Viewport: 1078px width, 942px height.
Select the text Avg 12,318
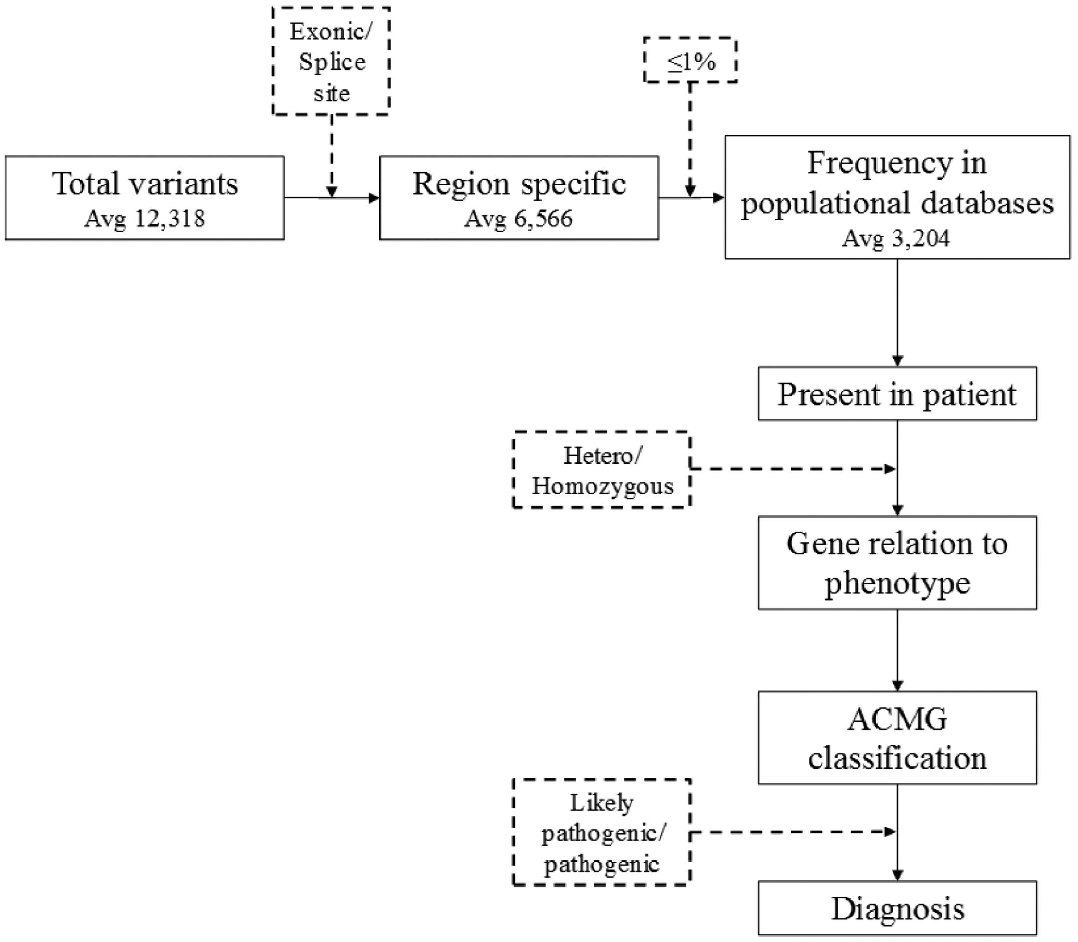point(145,218)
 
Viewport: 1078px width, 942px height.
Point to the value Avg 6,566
point(518,218)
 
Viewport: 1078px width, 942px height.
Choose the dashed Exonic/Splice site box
point(331,62)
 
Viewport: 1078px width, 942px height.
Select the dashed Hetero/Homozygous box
point(602,470)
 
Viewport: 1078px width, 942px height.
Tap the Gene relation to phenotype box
point(897,562)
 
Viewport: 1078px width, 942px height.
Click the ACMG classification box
point(897,737)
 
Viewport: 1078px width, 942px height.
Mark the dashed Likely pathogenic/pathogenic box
point(602,832)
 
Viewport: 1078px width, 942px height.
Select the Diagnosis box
point(897,908)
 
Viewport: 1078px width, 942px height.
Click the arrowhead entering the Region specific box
point(374,198)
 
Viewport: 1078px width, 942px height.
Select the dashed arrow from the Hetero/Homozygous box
point(793,468)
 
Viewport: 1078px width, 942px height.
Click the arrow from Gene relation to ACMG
point(898,650)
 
